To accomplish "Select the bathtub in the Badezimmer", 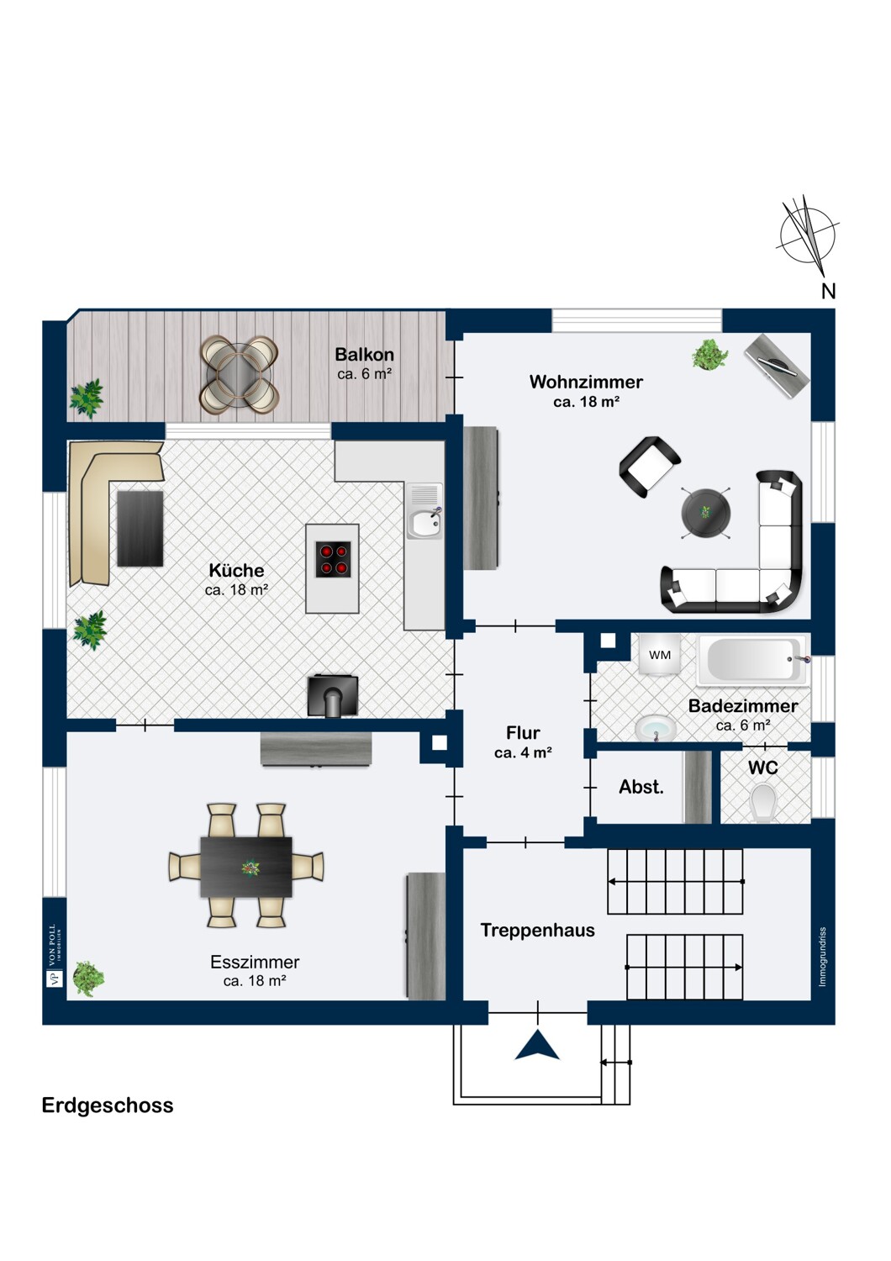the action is (753, 660).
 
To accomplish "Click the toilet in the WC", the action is (763, 803).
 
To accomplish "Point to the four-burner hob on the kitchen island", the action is (333, 559).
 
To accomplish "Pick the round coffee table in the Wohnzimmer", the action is (706, 512).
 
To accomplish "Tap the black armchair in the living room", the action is (649, 467).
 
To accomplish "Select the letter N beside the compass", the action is (829, 291).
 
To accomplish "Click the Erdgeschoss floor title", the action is (108, 1105).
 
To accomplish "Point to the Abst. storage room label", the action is (641, 786).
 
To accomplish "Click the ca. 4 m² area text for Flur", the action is (523, 752).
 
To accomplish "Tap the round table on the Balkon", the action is (240, 374).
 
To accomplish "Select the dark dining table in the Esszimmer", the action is (246, 867).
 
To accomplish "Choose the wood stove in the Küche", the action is (333, 696).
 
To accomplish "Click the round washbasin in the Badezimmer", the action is (655, 729).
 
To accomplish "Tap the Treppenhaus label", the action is (537, 930).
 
